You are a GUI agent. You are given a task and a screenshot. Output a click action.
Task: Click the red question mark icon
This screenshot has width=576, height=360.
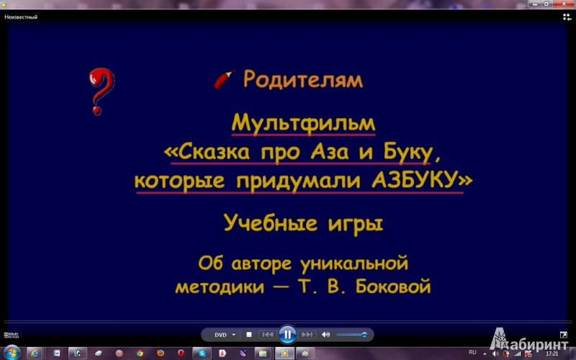pos(101,91)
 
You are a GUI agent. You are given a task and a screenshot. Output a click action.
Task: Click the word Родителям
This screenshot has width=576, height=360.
pos(303,78)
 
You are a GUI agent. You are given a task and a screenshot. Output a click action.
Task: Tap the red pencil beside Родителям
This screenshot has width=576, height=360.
pos(224,79)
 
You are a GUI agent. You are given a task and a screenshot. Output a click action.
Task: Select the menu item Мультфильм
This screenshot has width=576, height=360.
pos(303,123)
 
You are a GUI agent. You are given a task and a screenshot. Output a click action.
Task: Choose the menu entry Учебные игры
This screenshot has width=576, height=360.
pos(303,223)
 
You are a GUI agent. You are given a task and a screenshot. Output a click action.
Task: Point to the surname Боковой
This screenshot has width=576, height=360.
pos(393,286)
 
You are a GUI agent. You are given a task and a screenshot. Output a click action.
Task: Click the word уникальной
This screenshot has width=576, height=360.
pos(354,263)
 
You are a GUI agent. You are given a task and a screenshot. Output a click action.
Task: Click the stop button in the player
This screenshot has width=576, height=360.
pos(248,335)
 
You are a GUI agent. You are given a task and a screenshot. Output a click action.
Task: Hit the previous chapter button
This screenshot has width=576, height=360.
pos(267,335)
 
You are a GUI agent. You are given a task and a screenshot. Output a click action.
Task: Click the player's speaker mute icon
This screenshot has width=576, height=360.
pos(325,335)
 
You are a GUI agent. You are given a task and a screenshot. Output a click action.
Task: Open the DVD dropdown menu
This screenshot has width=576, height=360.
pos(225,335)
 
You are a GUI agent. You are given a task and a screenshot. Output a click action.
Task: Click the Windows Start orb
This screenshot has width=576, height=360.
pos(12,353)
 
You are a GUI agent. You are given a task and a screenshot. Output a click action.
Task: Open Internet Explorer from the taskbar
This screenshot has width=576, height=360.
pos(35,354)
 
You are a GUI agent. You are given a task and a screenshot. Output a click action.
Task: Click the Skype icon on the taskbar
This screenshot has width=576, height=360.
pos(202,354)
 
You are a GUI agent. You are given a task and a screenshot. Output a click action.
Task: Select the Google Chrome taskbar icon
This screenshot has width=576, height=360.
pos(140,354)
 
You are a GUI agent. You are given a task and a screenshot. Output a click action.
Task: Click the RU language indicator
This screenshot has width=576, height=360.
pos(472,352)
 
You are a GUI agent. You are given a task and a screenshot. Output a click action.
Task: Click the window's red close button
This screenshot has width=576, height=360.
pos(564,4)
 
